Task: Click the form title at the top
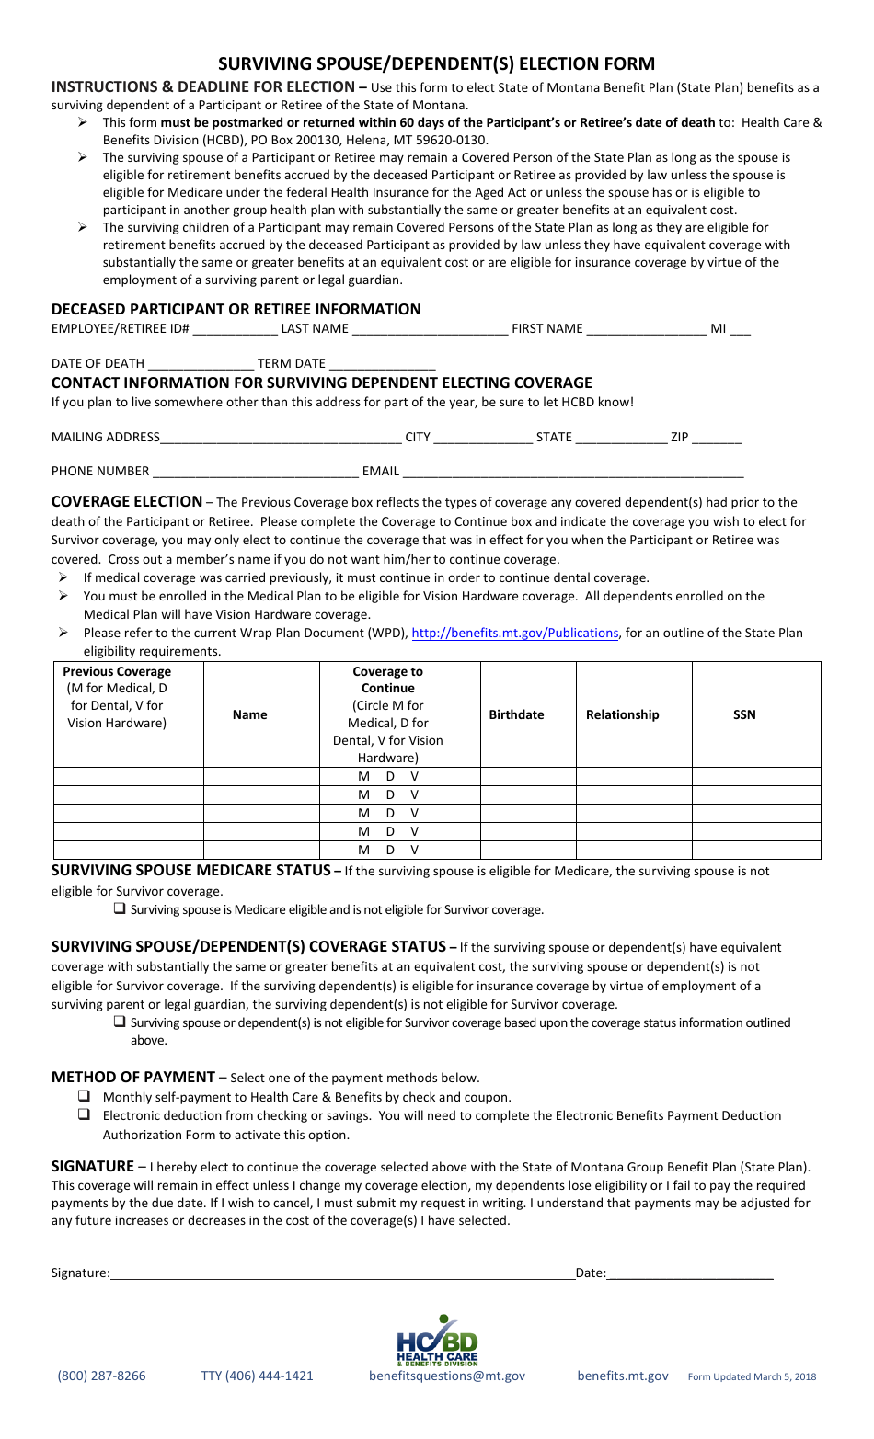point(436,63)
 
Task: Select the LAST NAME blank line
point(430,330)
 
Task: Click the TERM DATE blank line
point(382,364)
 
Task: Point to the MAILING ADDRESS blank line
point(281,439)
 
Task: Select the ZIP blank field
point(717,439)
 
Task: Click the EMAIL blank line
point(572,473)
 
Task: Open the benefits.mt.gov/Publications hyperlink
point(514,633)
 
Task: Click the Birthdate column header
point(516,714)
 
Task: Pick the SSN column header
point(744,714)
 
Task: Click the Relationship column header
point(622,714)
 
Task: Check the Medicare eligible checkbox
point(120,908)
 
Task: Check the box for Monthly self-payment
point(85,1096)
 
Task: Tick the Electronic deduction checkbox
point(85,1114)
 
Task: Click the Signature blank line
point(342,1273)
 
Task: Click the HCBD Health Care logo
point(437,1342)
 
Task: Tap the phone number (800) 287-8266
point(101,1376)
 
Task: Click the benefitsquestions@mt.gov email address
point(447,1376)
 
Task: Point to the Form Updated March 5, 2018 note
point(752,1376)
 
